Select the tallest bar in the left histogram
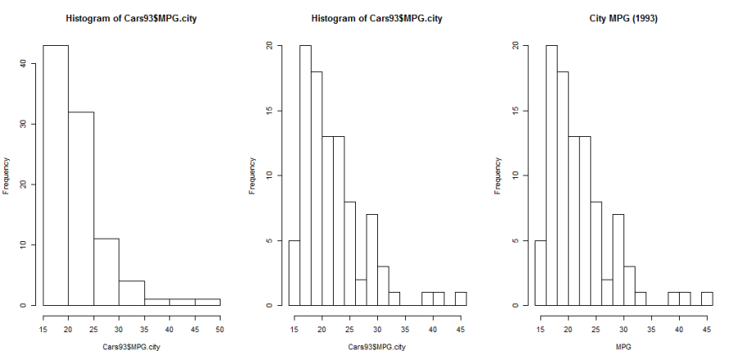56,175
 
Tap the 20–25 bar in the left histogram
81,208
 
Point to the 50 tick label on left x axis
221,329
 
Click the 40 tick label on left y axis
30,63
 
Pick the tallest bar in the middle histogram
305,175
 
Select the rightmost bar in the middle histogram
461,298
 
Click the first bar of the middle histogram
294,273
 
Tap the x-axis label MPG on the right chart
622,348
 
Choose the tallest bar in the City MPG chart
551,175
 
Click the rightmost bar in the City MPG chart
707,298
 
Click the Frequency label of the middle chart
253,175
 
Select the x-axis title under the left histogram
131,348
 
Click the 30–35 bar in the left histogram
132,294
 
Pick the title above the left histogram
131,18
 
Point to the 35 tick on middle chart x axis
399,329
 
